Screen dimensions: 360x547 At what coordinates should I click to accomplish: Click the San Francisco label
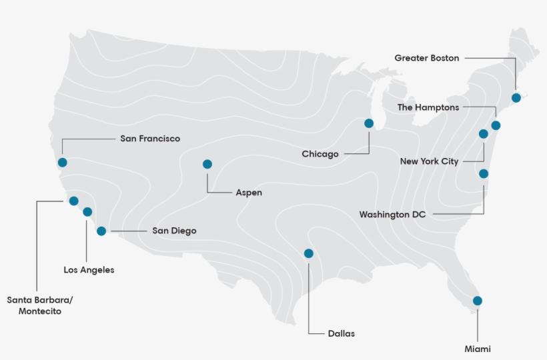(x=150, y=139)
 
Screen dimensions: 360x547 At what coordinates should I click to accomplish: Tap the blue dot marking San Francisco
(x=63, y=162)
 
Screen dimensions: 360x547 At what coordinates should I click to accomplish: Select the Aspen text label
(x=249, y=193)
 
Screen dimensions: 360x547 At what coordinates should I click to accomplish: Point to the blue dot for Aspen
(x=207, y=164)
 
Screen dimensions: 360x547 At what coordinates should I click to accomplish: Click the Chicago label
(x=320, y=154)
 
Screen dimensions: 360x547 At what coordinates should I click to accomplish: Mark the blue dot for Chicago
(x=369, y=123)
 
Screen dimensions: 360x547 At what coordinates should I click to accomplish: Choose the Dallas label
(x=342, y=333)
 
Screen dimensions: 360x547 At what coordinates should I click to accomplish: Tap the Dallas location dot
(x=308, y=253)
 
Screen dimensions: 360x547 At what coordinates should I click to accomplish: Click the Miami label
(x=478, y=349)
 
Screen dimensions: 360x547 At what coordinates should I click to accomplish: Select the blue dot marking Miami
(x=478, y=301)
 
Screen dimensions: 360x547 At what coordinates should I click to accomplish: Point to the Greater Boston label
(x=427, y=58)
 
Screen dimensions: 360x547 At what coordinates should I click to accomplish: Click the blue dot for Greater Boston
(x=516, y=98)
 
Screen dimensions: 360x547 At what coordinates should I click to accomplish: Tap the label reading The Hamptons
(x=428, y=107)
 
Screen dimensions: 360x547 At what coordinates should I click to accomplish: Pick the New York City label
(x=429, y=161)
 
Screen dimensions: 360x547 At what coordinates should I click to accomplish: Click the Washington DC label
(x=392, y=215)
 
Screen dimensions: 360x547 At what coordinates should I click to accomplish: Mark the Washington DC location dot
(x=484, y=174)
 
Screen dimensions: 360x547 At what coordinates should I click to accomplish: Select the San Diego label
(x=174, y=231)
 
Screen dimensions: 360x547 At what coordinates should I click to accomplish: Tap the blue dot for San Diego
(x=101, y=231)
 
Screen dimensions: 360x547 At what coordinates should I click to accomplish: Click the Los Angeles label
(x=89, y=270)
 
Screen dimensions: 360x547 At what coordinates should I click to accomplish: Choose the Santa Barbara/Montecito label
(x=40, y=305)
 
